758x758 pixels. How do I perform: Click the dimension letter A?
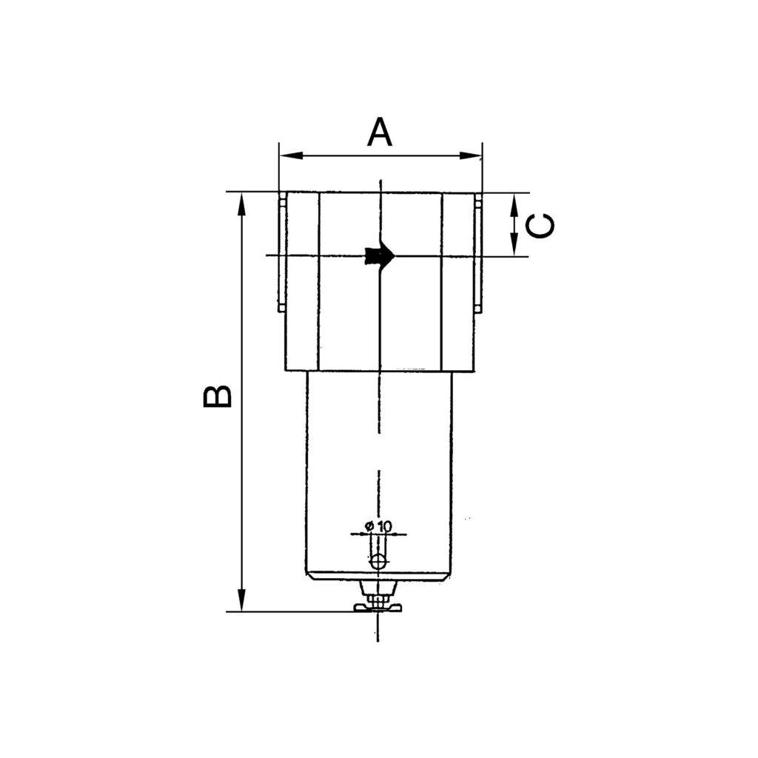pyautogui.click(x=379, y=133)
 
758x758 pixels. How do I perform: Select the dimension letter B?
pyautogui.click(x=218, y=396)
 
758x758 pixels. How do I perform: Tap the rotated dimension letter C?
pyautogui.click(x=543, y=226)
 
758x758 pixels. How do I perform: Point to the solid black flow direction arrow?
pyautogui.click(x=380, y=255)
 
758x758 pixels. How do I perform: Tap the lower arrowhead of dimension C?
pyautogui.click(x=514, y=244)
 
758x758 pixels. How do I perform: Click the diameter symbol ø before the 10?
pyautogui.click(x=368, y=526)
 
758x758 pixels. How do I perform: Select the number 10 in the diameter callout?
pyautogui.click(x=383, y=526)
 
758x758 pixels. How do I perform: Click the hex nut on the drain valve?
pyautogui.click(x=378, y=599)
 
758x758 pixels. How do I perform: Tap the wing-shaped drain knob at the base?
pyautogui.click(x=378, y=608)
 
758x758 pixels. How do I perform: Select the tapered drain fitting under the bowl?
pyautogui.click(x=378, y=588)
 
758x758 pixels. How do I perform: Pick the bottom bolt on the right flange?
pyautogui.click(x=478, y=307)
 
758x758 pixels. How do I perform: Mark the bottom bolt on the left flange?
pyautogui.click(x=282, y=307)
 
